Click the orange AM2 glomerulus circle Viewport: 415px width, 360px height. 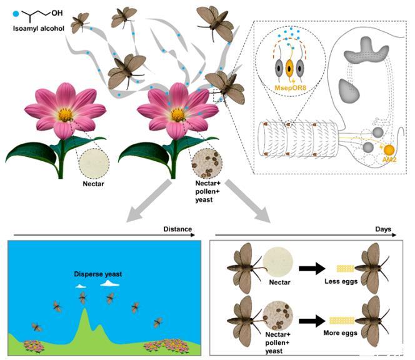(x=389, y=151)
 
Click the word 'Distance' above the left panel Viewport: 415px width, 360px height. (x=177, y=229)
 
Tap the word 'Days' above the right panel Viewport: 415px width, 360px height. (x=383, y=229)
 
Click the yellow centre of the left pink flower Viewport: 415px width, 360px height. (x=65, y=114)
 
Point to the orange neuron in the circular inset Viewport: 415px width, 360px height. (x=290, y=68)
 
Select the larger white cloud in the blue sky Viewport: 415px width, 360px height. (x=109, y=283)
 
